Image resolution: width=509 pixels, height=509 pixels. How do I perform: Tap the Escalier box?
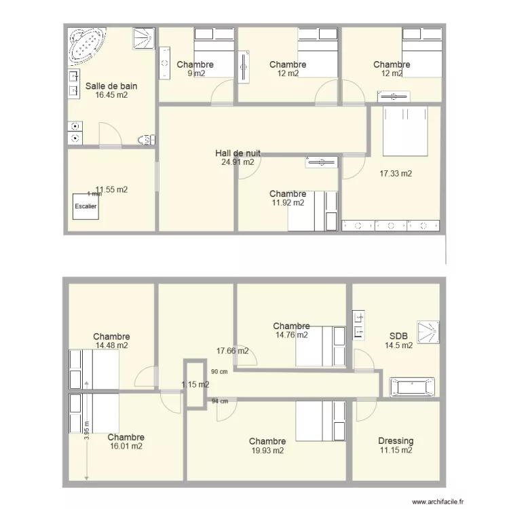pyautogui.click(x=86, y=206)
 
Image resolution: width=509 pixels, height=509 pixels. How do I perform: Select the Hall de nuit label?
pyautogui.click(x=238, y=153)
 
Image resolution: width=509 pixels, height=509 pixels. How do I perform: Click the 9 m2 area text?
pyautogui.click(x=195, y=73)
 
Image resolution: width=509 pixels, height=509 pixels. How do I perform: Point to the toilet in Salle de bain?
pyautogui.click(x=146, y=140)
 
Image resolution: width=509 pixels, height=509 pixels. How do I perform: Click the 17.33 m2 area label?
pyautogui.click(x=396, y=174)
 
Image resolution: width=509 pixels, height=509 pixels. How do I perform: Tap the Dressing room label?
pyautogui.click(x=396, y=441)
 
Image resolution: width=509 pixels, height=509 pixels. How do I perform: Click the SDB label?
pyautogui.click(x=398, y=336)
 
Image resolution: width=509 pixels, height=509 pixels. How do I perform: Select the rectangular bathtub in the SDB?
pyautogui.click(x=411, y=387)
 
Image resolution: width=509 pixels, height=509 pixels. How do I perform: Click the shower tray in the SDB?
pyautogui.click(x=428, y=329)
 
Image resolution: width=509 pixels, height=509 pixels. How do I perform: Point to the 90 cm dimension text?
pyautogui.click(x=219, y=372)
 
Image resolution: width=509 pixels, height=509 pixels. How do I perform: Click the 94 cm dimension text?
pyautogui.click(x=219, y=401)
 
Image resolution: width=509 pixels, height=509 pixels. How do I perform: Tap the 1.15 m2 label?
pyautogui.click(x=195, y=385)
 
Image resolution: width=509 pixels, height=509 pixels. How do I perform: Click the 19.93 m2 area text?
pyautogui.click(x=267, y=450)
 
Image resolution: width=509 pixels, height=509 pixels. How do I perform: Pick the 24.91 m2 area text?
pyautogui.click(x=238, y=162)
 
